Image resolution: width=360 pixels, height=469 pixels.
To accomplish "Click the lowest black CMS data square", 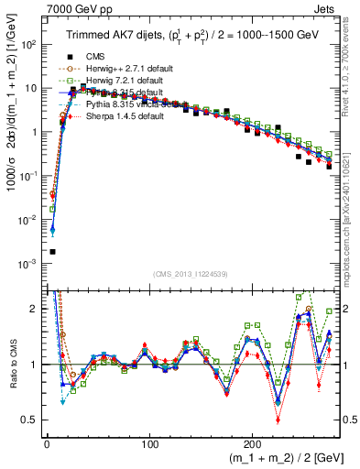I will point(52,251).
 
